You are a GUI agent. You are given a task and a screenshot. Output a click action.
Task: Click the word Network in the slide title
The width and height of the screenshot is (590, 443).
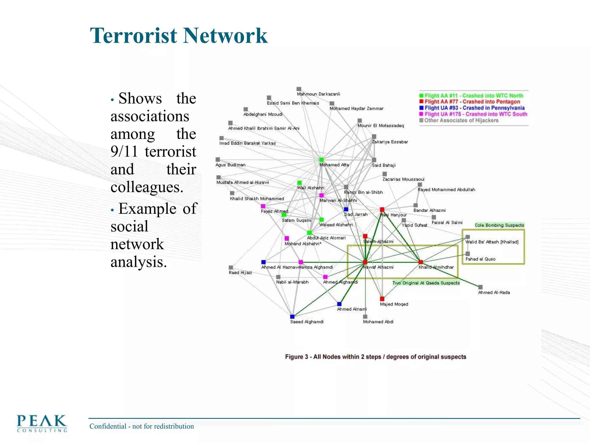click(225, 36)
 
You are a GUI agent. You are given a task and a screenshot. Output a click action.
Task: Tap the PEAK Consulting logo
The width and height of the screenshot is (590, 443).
click(42, 423)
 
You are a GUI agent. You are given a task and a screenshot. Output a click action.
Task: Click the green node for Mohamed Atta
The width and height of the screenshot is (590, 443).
click(322, 160)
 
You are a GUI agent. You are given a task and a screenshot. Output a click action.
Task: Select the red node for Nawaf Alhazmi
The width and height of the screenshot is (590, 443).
click(365, 262)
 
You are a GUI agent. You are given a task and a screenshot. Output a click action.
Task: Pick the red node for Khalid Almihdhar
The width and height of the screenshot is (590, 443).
click(421, 262)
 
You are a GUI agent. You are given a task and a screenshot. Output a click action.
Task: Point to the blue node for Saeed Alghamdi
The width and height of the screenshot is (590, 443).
click(292, 317)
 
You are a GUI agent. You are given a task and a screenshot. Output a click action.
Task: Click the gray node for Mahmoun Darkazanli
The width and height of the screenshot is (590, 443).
click(299, 89)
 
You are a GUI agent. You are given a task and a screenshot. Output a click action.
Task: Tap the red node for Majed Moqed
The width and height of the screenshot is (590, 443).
click(382, 299)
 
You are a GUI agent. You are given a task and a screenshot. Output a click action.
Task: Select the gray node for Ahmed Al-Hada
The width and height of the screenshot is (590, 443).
click(480, 287)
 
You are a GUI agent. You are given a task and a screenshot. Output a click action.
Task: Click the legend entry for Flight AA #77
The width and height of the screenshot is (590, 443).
click(472, 102)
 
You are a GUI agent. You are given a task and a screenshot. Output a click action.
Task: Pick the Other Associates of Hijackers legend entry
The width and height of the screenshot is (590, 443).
click(461, 121)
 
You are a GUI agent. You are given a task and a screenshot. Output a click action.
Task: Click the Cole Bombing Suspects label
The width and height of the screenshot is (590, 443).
click(499, 225)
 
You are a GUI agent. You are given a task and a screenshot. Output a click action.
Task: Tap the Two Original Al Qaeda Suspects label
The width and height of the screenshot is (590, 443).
click(426, 283)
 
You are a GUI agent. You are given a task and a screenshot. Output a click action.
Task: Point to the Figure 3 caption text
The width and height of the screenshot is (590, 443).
click(375, 357)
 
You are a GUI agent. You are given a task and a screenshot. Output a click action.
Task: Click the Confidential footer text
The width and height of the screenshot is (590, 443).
click(141, 426)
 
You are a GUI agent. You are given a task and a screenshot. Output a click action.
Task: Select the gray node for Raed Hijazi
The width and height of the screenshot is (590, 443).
click(231, 268)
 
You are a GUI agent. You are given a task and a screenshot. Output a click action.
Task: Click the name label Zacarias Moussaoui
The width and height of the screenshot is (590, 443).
click(403, 179)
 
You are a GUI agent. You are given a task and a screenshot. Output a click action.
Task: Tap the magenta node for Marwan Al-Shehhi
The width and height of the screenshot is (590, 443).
click(322, 195)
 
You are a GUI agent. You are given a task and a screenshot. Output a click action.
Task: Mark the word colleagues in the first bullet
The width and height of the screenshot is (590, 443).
click(147, 187)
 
